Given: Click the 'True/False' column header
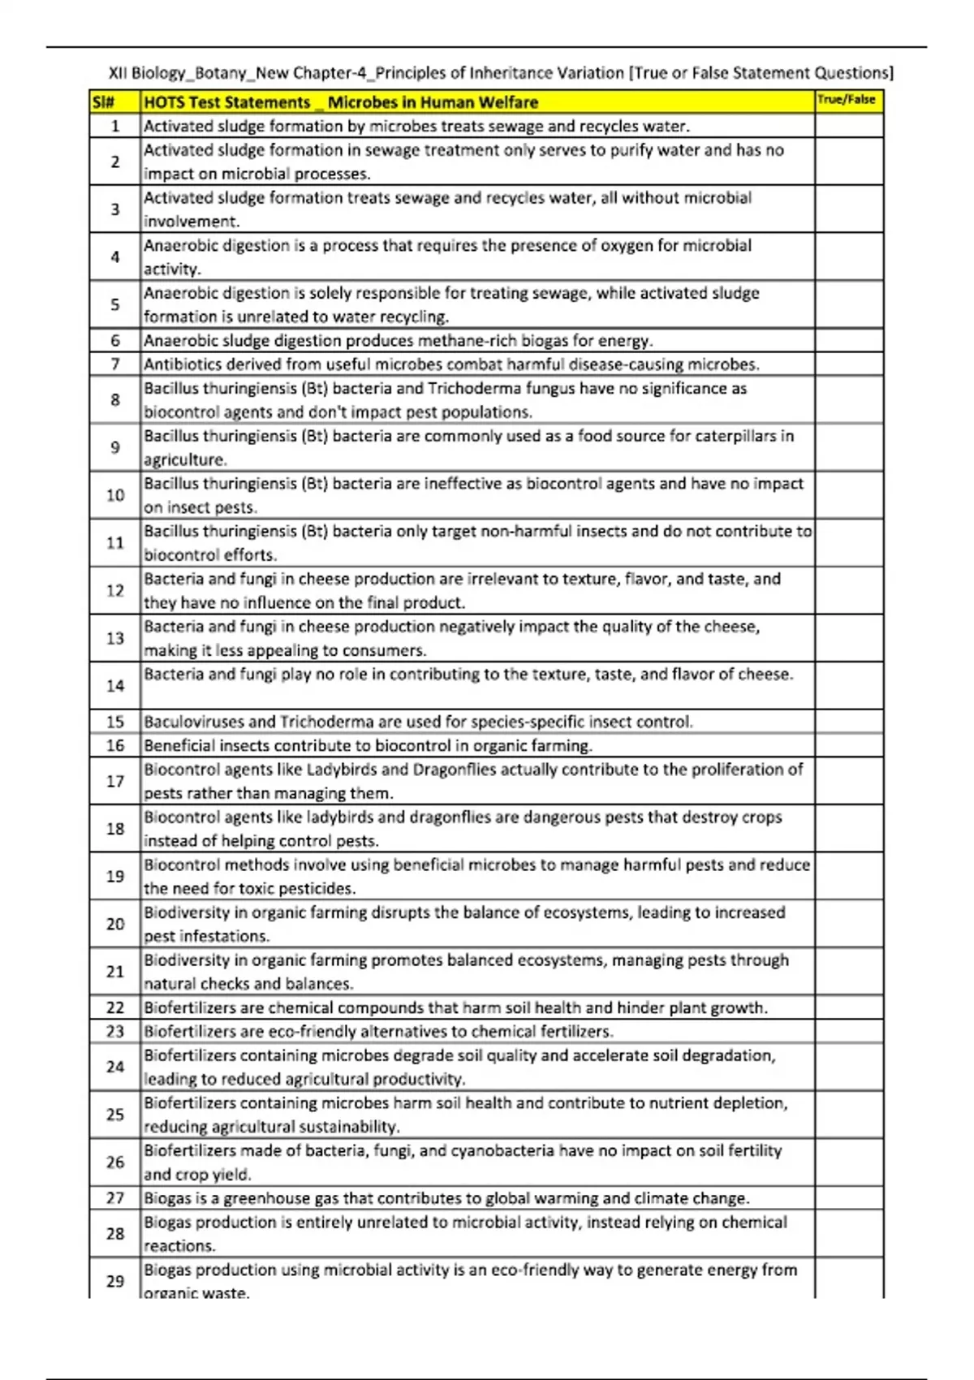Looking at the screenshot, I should pyautogui.click(x=847, y=100).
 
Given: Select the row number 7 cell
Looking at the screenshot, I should pyautogui.click(x=115, y=364).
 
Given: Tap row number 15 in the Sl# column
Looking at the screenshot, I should pyautogui.click(x=115, y=722).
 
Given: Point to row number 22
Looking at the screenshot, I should pyautogui.click(x=115, y=1007).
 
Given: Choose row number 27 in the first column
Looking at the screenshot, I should pyautogui.click(x=115, y=1198).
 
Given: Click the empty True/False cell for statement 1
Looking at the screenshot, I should pyautogui.click(x=849, y=126).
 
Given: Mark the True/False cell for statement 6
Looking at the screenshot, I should pyautogui.click(x=849, y=340).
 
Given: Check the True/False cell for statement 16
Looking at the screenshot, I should pyautogui.click(x=849, y=745).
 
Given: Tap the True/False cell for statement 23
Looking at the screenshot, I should pyautogui.click(x=849, y=1032).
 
